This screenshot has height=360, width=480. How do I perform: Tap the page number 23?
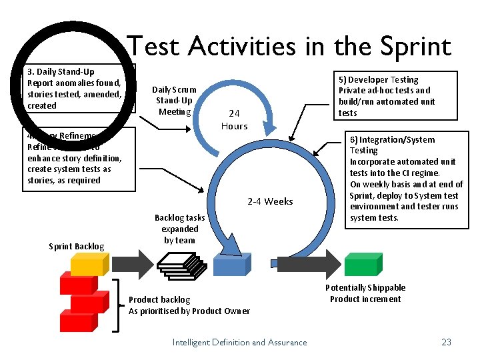(x=446, y=342)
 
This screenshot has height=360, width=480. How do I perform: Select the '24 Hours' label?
(x=234, y=120)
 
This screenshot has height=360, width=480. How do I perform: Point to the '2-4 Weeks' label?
(x=270, y=201)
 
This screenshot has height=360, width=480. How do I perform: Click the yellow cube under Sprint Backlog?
(x=85, y=265)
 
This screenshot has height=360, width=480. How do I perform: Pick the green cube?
(x=360, y=264)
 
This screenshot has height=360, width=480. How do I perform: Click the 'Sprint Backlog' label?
(x=77, y=247)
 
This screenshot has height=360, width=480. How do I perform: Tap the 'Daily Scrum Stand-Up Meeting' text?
(x=174, y=100)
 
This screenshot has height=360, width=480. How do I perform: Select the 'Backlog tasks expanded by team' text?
(x=179, y=229)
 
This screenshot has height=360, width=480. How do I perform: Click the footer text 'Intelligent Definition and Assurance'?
(x=239, y=342)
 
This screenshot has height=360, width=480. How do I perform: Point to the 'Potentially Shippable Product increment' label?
(x=365, y=293)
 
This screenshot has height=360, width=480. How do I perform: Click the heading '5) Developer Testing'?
(x=378, y=79)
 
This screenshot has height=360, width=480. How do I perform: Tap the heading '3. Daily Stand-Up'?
(x=61, y=71)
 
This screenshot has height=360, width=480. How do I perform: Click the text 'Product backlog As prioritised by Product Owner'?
(x=189, y=305)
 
